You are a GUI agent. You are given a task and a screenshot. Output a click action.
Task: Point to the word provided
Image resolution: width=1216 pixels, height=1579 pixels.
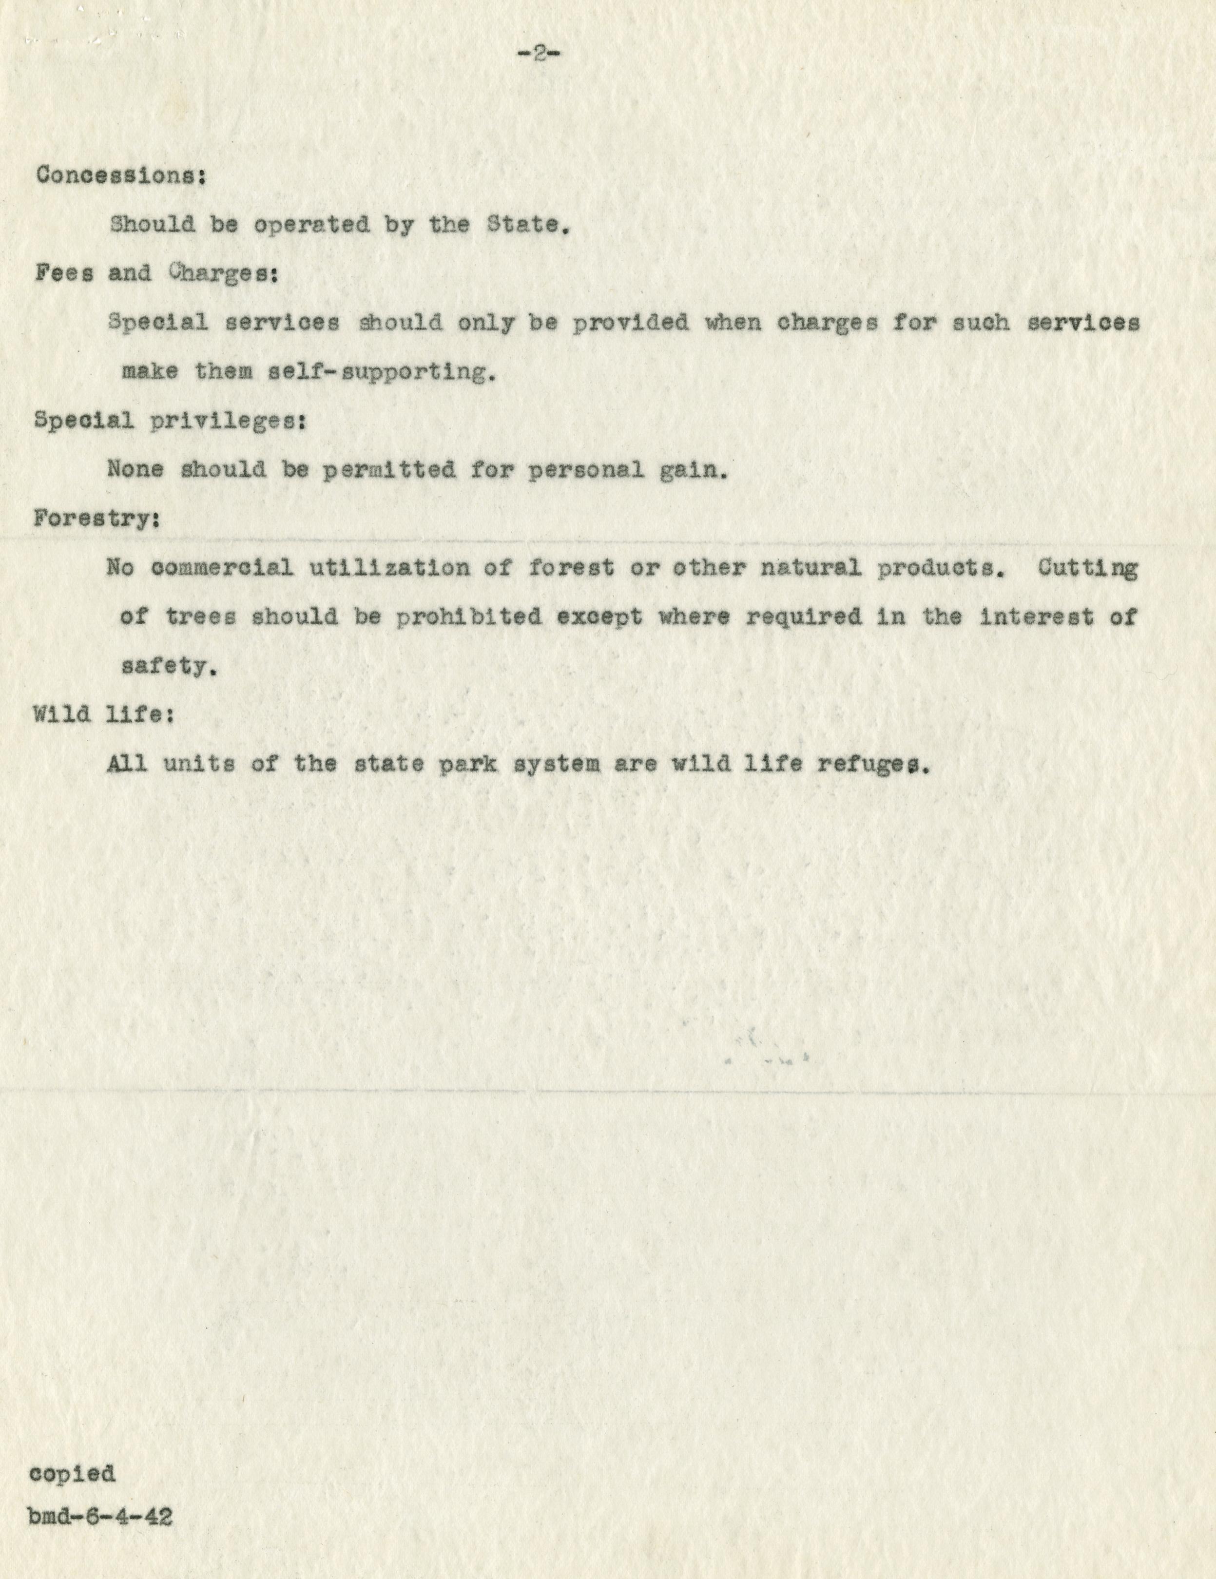(630, 323)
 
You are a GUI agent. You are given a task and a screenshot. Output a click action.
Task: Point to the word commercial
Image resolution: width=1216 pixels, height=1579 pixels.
(223, 568)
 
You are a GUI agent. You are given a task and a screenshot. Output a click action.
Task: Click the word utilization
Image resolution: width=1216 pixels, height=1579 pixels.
(389, 568)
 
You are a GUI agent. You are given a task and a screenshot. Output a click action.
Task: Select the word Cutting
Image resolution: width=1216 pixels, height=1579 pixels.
(1088, 568)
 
